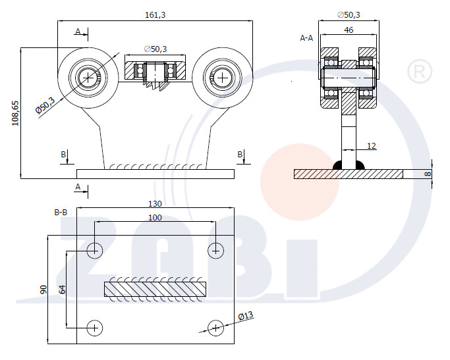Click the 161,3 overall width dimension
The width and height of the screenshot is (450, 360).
155,15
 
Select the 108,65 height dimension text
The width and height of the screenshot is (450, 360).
15,113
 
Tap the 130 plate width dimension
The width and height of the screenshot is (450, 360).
155,204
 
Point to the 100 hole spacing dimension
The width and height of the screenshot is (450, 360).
155,218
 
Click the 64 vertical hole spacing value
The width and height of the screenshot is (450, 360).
62,290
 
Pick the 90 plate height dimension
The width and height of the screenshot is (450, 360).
43,290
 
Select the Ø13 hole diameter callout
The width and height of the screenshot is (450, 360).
246,316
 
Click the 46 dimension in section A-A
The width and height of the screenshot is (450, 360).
349,30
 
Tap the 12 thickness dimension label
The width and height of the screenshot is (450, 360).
372,146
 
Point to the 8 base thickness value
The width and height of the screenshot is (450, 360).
428,174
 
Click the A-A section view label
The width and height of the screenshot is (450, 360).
306,38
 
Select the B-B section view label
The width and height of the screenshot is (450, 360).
61,213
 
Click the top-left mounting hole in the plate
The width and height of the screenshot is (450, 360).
94,251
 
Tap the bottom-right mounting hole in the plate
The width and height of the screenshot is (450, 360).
215,328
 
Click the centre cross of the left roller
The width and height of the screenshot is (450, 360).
88,78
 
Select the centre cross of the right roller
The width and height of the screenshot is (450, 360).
223,78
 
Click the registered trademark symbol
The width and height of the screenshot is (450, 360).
420,71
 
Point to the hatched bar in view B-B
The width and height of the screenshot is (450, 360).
155,289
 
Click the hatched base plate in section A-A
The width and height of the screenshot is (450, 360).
349,174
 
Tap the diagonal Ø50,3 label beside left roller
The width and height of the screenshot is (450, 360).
45,105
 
